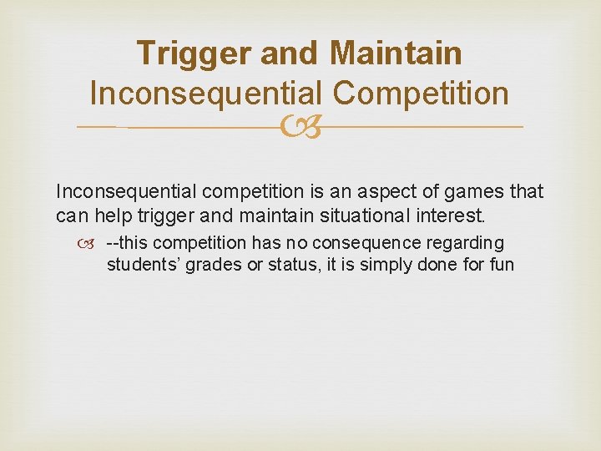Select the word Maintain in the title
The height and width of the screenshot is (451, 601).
[x=396, y=53]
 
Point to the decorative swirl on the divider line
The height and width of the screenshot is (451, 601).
[x=300, y=127]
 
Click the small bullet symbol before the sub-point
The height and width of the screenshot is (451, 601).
[x=91, y=244]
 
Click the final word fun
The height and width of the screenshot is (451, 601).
[x=500, y=265]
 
